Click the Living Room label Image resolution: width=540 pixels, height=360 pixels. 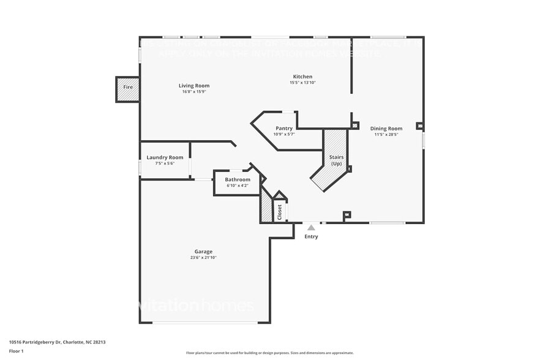[194, 86]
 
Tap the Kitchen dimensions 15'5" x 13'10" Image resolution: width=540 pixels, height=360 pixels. [303, 83]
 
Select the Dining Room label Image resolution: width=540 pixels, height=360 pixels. [386, 128]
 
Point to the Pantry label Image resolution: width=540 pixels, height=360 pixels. [283, 128]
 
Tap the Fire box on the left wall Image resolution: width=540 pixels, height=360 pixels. [128, 88]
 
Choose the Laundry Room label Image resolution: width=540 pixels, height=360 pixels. [165, 157]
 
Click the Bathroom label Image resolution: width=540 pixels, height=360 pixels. [237, 179]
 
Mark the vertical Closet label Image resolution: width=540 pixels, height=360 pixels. [280, 212]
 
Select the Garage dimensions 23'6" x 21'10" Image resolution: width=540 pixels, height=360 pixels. [203, 258]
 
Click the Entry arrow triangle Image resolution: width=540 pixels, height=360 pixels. [311, 228]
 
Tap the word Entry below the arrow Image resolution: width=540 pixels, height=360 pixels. [311, 236]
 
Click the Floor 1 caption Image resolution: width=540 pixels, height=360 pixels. [17, 351]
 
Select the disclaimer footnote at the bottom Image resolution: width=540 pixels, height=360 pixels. [269, 353]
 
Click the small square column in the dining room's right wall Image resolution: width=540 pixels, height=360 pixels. [419, 126]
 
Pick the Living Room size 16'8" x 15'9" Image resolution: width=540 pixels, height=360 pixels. [194, 92]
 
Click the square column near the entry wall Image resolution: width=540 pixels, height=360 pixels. [347, 215]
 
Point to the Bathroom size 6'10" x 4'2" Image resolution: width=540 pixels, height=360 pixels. [237, 186]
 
